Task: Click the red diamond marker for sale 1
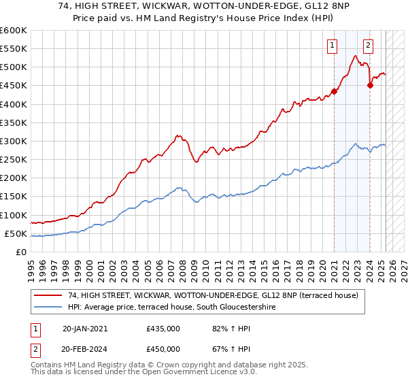pos(335,91)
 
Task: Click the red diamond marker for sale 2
pos(370,85)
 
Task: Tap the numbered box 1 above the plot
pos(333,46)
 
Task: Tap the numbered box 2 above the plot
pos(368,46)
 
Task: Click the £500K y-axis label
pos(13,67)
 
